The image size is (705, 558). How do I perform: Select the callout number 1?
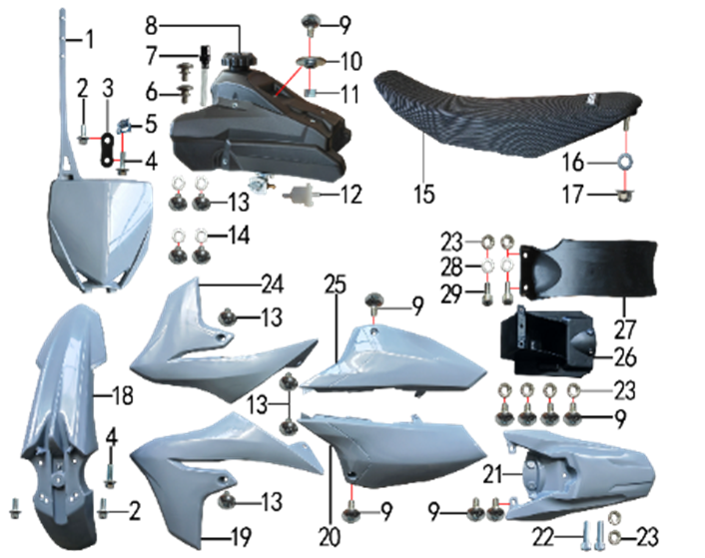90,40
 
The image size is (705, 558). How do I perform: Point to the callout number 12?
351,195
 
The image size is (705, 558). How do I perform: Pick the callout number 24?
273,284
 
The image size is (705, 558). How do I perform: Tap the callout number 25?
336,284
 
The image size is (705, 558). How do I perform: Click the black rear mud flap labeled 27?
589,270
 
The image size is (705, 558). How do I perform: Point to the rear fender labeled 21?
579,474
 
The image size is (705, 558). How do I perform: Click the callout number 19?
240,536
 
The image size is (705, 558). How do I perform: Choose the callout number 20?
330,536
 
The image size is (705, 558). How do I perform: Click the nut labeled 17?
624,196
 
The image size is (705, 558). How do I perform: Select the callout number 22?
542,536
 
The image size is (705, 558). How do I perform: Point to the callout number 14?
240,235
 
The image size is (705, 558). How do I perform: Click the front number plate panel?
100,234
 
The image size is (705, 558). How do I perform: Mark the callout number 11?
350,95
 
